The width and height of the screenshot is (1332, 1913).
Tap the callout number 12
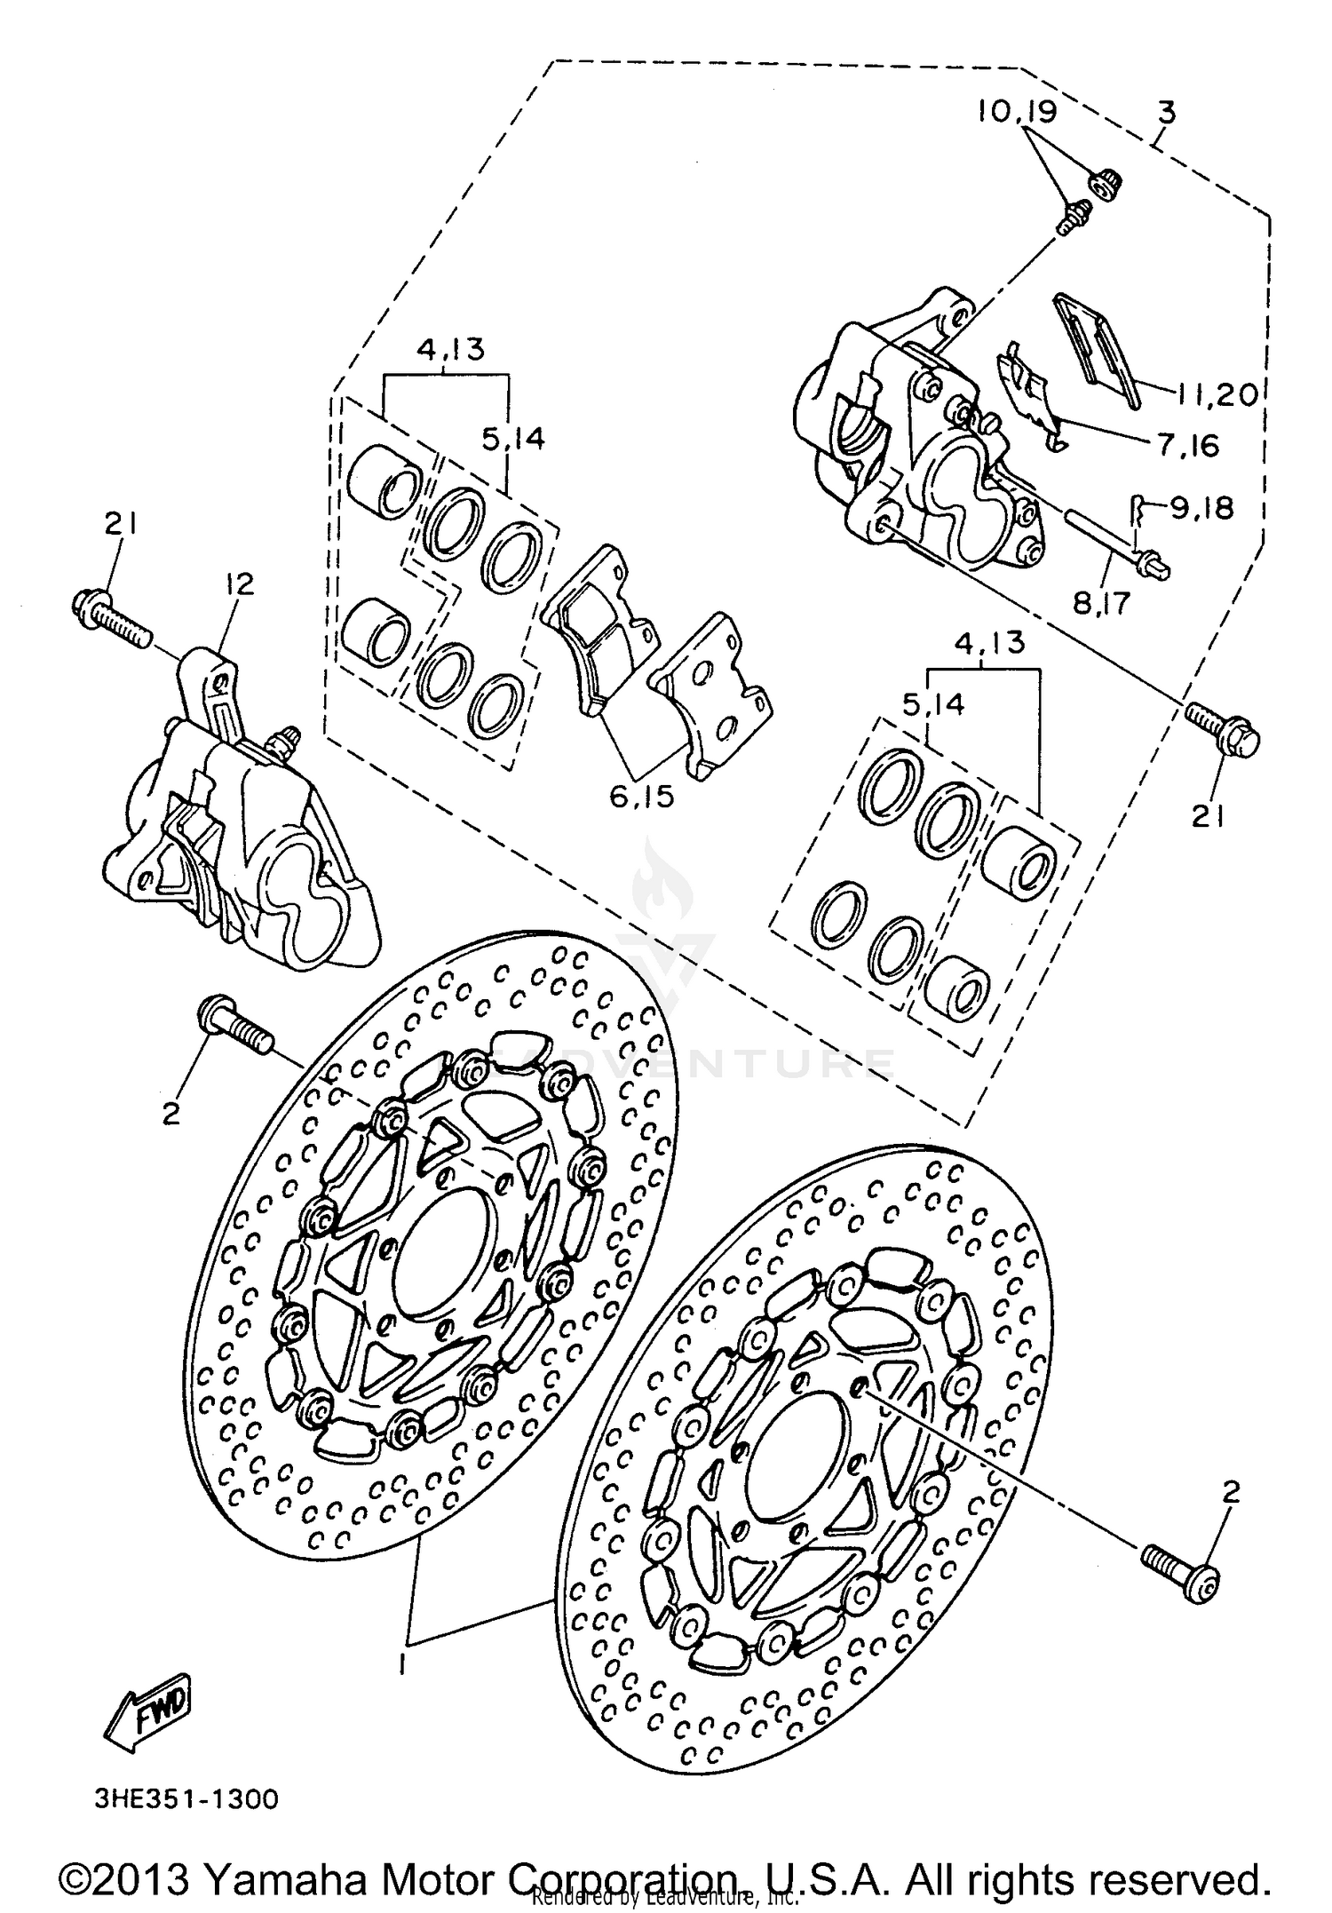click(x=240, y=583)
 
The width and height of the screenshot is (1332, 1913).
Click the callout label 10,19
click(x=1018, y=113)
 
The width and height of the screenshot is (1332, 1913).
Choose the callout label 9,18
click(x=1201, y=509)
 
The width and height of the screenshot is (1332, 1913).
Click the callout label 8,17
click(x=1101, y=604)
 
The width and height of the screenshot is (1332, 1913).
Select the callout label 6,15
click(x=642, y=796)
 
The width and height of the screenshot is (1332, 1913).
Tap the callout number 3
click(x=1167, y=114)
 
